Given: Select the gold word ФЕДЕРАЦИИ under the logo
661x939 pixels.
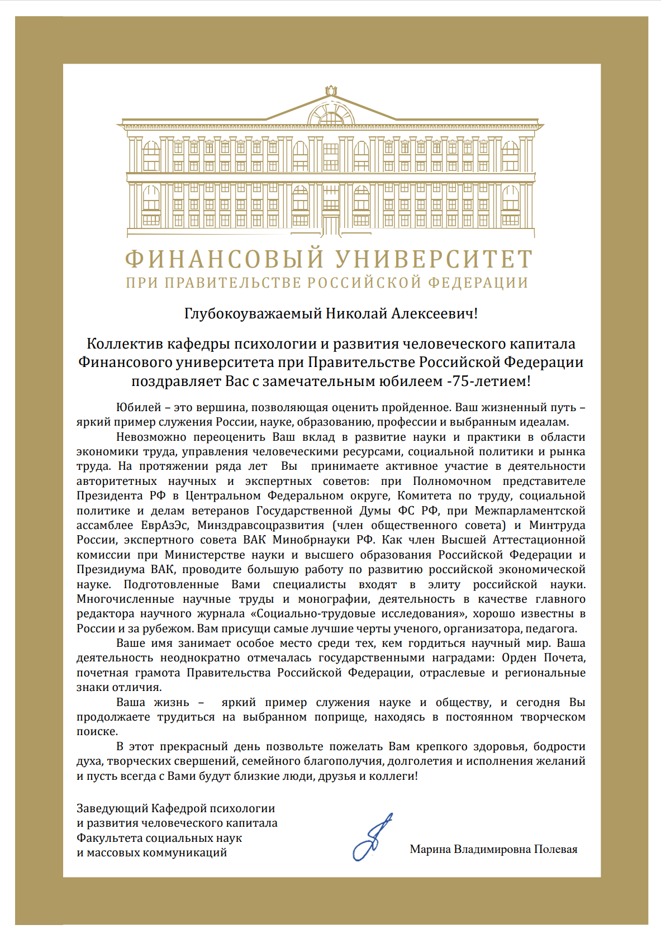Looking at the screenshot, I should pos(478,283).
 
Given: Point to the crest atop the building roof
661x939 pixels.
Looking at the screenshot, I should pos(331,91).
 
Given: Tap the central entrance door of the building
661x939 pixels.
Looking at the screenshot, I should pos(331,225).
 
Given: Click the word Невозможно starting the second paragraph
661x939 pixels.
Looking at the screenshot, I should pos(151,437).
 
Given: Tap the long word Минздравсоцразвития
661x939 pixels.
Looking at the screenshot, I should pos(260,525).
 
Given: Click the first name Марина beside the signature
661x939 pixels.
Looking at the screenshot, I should pos(430,849).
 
